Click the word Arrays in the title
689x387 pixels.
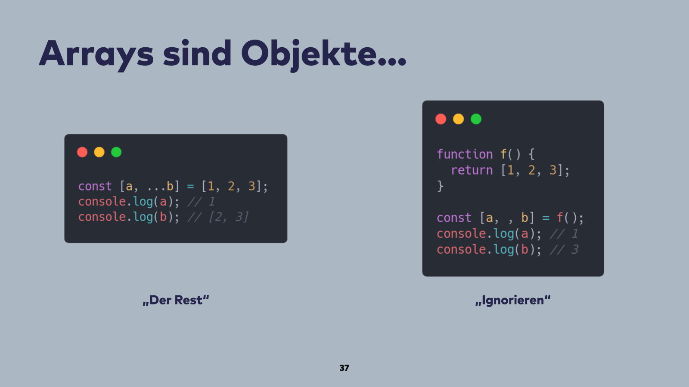(x=96, y=53)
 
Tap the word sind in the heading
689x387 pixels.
(x=197, y=53)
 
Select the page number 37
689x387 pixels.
(x=344, y=368)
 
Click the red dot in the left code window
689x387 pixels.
(x=82, y=152)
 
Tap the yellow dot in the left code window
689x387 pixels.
(x=99, y=152)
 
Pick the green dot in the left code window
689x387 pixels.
(x=116, y=152)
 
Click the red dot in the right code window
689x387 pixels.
(x=441, y=119)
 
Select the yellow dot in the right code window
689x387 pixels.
(x=458, y=119)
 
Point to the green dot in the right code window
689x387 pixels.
(x=476, y=119)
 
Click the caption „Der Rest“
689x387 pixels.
(x=176, y=300)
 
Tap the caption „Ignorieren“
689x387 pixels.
(x=513, y=300)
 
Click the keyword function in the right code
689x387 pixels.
(x=465, y=154)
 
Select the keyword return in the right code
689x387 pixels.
(x=472, y=170)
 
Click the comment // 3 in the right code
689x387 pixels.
(x=564, y=250)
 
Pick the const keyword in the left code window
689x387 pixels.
(x=95, y=186)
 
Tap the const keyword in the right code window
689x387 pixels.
(x=454, y=218)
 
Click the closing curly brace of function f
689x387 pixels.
(x=440, y=186)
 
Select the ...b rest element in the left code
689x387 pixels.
(x=160, y=187)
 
